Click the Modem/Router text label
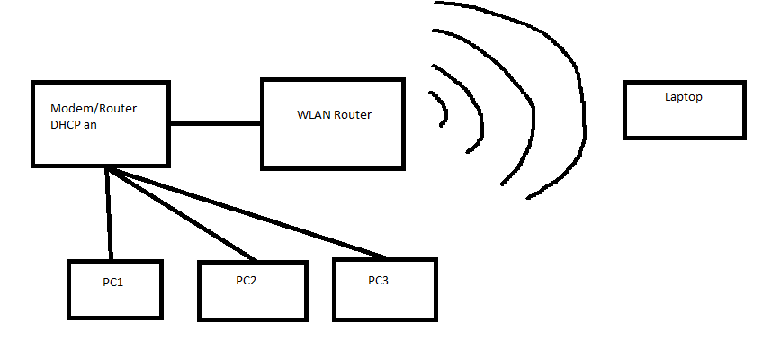pos(94,109)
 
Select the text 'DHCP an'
pos(74,126)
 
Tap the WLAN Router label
pos(334,115)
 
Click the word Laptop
pos(683,97)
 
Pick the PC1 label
pos(112,283)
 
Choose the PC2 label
pos(247,281)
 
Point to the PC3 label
pos(379,281)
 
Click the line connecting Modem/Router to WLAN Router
pos(216,123)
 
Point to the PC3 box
pos(384,304)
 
